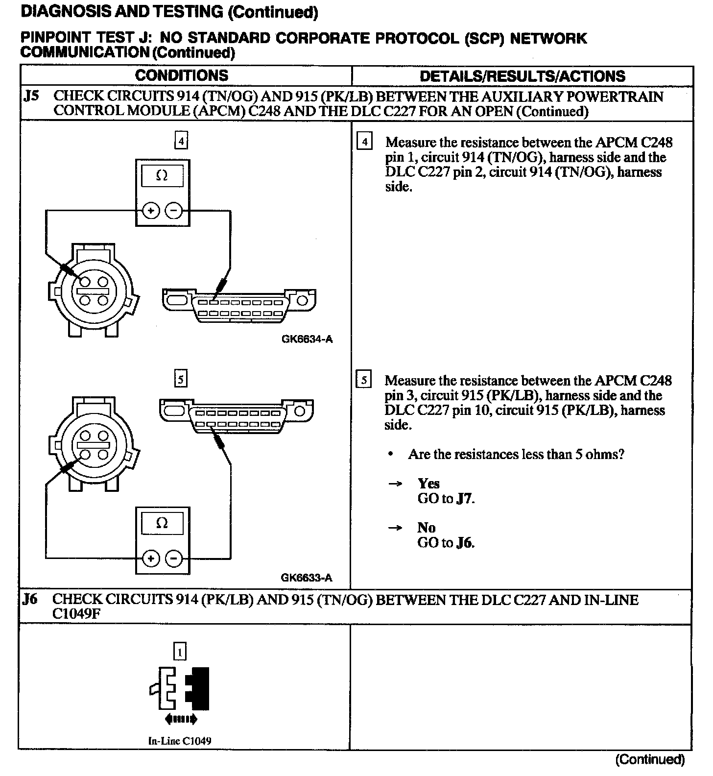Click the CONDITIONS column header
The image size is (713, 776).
coord(182,75)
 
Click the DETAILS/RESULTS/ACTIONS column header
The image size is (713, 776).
coord(523,76)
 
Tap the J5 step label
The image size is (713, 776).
coord(31,96)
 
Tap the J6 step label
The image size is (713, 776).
coord(30,599)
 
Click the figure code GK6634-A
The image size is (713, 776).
coord(307,339)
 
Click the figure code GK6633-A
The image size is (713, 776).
coord(307,578)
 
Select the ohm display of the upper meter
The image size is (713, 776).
coord(162,175)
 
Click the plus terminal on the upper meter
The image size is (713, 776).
coord(151,211)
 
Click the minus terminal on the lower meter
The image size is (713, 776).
coord(174,558)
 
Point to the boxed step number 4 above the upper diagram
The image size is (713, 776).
coord(181,141)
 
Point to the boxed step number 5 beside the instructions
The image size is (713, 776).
coord(364,380)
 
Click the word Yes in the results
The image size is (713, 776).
coord(428,484)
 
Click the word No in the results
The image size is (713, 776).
coord(426,528)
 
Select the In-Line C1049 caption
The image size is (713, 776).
coord(180,741)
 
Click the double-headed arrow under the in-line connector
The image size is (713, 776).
coord(181,719)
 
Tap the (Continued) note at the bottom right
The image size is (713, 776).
coord(650,760)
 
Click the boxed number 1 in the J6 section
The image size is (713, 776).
coord(180,652)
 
